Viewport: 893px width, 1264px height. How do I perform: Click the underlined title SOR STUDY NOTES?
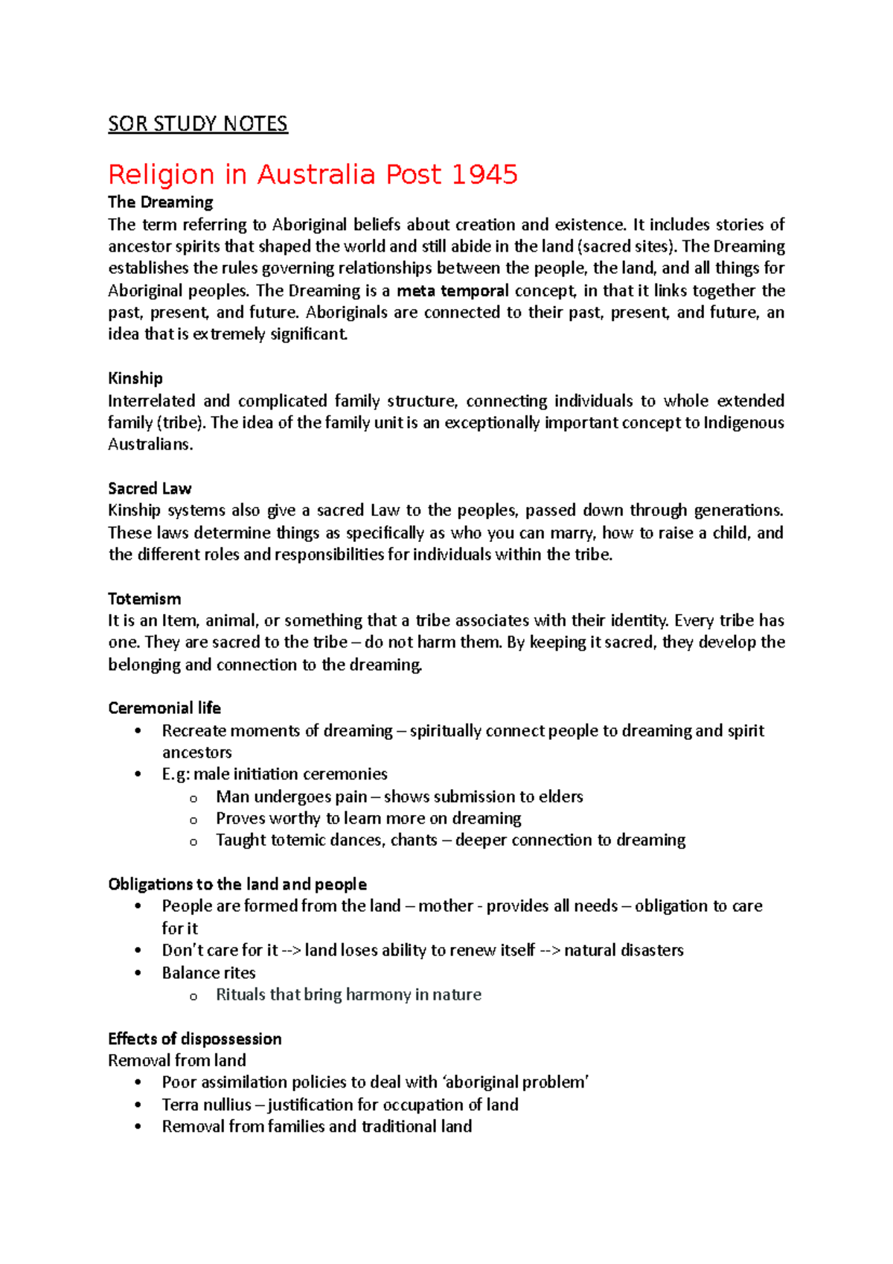coord(197,124)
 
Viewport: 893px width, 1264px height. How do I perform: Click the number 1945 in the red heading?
coord(484,175)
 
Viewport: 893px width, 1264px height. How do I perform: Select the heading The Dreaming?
coord(160,202)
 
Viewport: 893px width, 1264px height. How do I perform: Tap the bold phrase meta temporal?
coord(452,290)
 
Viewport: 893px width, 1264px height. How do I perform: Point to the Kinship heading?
coord(135,378)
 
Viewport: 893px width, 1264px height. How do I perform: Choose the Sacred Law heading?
coord(150,488)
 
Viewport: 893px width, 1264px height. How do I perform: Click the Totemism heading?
coord(144,599)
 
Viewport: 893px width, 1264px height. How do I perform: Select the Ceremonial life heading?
coord(164,708)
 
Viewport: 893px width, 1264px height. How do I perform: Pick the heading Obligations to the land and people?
coord(237,884)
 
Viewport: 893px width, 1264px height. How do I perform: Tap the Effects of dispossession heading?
coord(195,1038)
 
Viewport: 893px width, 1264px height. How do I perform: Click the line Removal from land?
coord(177,1060)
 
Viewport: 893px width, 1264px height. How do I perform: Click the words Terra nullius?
coord(206,1105)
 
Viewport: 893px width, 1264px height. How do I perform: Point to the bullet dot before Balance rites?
coord(138,973)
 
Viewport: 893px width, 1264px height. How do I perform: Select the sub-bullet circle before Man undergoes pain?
coord(193,798)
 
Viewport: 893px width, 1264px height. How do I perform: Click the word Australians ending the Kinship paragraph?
coord(150,444)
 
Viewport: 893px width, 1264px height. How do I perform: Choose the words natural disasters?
coord(624,951)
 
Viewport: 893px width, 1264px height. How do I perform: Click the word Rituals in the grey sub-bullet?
coord(240,995)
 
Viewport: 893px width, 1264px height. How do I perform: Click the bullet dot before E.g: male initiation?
coord(138,774)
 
